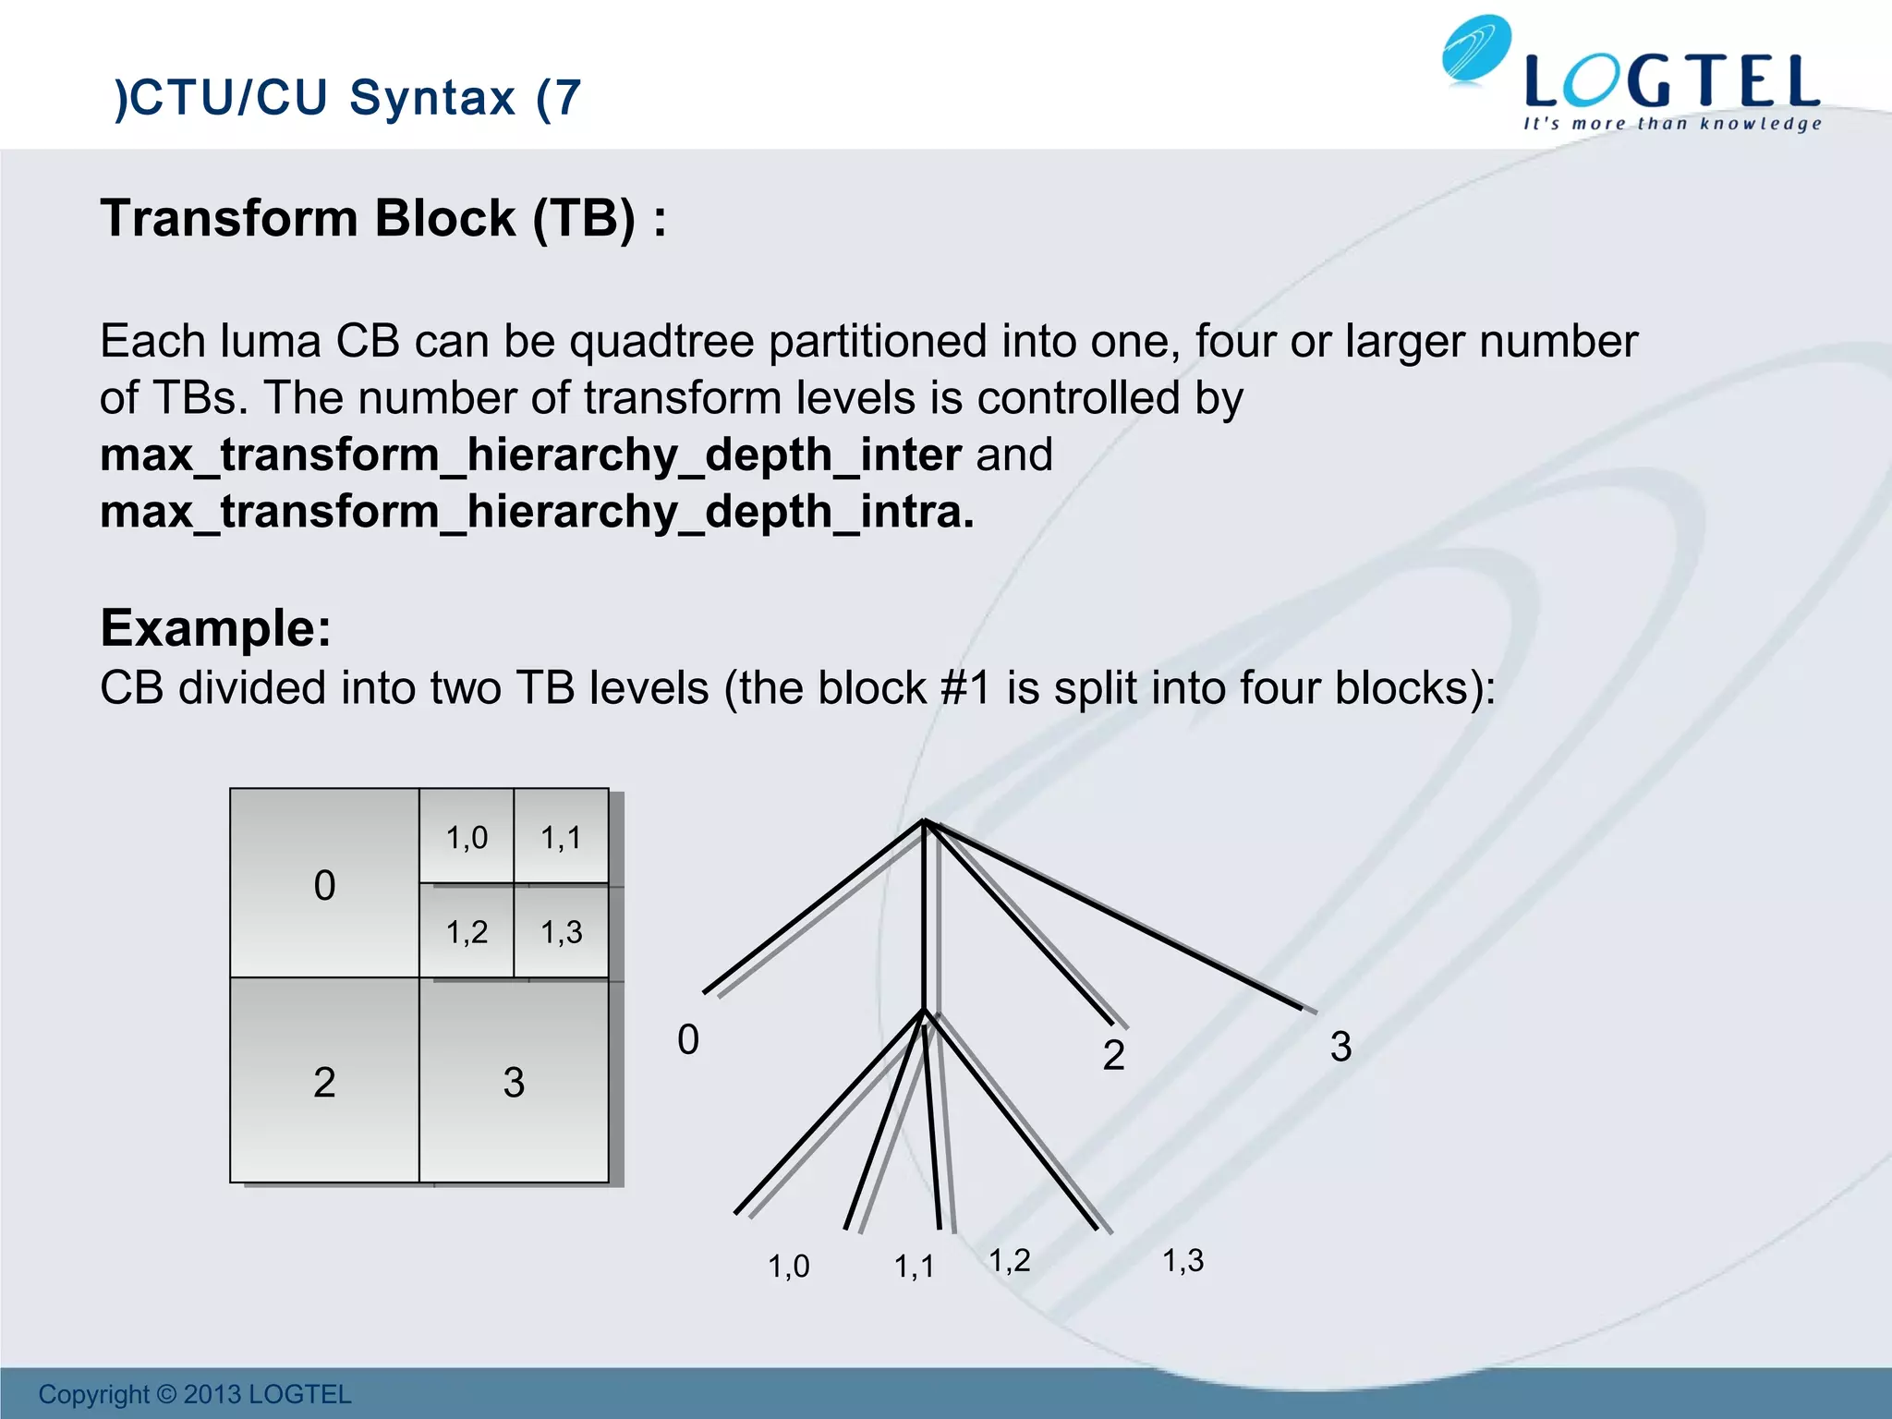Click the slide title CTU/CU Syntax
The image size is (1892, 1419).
347,98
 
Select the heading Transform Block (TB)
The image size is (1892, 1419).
382,219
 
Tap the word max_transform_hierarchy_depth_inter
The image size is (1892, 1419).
530,455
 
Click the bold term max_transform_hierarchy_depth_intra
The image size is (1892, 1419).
536,512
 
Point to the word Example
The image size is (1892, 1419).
215,628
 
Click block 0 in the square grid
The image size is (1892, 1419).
324,884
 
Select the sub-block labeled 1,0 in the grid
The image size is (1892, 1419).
467,837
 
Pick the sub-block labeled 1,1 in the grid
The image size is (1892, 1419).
561,837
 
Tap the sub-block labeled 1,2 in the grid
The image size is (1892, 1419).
467,931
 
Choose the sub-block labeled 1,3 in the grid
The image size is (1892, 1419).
561,931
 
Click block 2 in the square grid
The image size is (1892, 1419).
324,1081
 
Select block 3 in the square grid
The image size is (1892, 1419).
514,1081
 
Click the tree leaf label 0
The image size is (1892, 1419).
688,1040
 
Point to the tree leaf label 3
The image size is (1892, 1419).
1340,1047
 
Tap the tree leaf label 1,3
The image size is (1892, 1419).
1182,1260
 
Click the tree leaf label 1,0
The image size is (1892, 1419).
788,1266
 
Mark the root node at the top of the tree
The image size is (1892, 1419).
924,821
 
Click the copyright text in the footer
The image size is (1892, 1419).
195,1394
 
